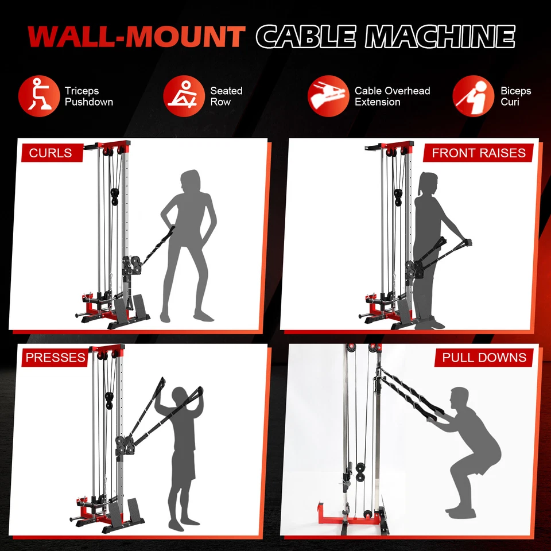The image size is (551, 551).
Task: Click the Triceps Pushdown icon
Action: [39, 96]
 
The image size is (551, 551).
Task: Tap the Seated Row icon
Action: [184, 96]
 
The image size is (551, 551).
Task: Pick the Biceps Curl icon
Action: [473, 96]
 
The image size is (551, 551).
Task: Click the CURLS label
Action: [51, 153]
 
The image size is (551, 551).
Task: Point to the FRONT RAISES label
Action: [479, 153]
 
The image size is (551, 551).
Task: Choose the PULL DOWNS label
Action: [484, 358]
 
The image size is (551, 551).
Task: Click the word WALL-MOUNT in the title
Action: [137, 37]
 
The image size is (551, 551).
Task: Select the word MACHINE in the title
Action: [440, 37]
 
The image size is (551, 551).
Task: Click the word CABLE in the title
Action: [308, 37]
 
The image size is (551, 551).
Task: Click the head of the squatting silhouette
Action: [459, 398]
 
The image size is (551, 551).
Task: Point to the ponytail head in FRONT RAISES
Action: [428, 185]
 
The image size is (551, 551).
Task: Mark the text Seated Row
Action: [226, 96]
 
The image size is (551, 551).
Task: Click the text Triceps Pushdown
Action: [89, 96]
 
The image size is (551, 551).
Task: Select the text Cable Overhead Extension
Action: [392, 96]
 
